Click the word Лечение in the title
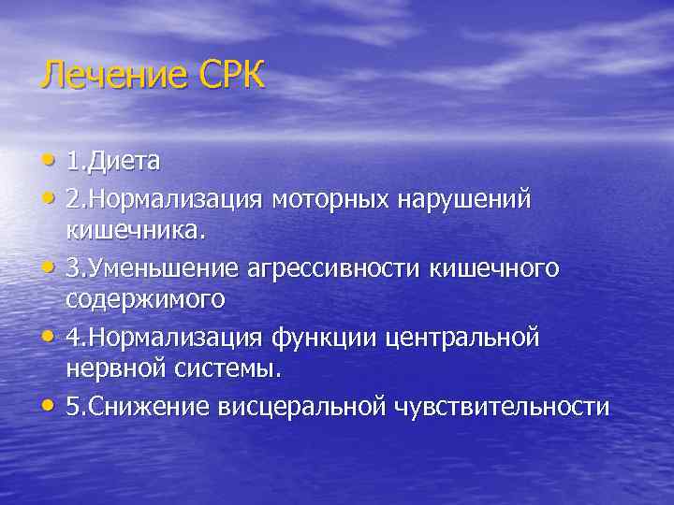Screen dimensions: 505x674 (113, 75)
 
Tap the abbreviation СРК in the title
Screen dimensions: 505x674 (230, 75)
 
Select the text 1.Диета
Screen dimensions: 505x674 (113, 162)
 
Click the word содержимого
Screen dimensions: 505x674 (145, 299)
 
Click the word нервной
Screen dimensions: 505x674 (117, 369)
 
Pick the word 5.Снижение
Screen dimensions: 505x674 (138, 407)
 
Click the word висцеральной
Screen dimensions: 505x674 (301, 407)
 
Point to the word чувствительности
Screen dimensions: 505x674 (503, 407)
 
